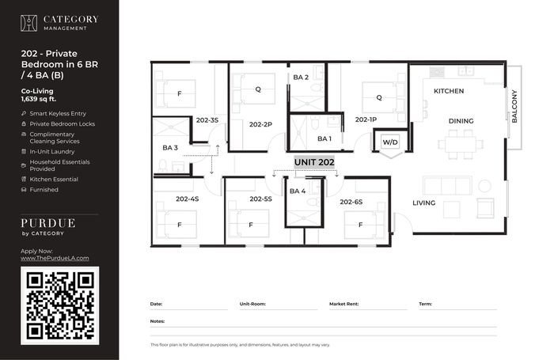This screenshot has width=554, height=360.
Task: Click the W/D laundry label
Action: point(390,142)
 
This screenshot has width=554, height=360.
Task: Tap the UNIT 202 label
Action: point(314,162)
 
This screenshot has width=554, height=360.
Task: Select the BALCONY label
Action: point(514,106)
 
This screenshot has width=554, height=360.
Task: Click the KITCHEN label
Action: point(449,91)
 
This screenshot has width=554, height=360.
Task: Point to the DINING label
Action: point(461,121)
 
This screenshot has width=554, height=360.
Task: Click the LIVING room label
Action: point(424,203)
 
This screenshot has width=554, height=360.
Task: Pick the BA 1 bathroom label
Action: point(324,138)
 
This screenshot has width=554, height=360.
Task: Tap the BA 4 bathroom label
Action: point(298,191)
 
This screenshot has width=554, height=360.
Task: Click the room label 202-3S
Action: point(207,120)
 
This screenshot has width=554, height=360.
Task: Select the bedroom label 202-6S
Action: point(351,202)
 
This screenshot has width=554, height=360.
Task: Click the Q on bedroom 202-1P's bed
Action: point(379,97)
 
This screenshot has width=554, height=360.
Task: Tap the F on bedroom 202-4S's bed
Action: point(180,225)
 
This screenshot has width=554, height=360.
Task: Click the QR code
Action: point(60,305)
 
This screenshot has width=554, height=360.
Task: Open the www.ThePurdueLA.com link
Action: point(55,258)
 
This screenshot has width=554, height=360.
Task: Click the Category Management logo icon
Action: point(28,23)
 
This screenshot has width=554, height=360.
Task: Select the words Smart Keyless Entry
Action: point(58,113)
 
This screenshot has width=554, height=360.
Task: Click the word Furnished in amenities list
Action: point(44,190)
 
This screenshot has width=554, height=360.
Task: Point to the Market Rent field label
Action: point(343,304)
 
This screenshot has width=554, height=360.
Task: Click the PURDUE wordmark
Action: point(48,223)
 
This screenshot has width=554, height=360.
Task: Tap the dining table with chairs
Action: point(461,145)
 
